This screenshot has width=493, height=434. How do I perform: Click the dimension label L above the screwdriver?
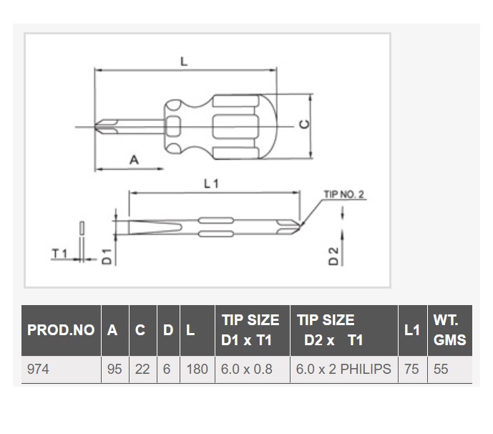(x=184, y=61)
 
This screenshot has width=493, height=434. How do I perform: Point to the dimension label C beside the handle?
(x=304, y=125)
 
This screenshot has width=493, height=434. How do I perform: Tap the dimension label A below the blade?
(x=135, y=160)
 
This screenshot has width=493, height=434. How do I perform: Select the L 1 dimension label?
(x=211, y=183)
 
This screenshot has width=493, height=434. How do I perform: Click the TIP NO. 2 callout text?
(x=344, y=195)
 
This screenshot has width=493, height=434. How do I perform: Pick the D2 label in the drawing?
(x=333, y=256)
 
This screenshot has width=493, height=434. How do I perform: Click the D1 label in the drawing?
(x=107, y=256)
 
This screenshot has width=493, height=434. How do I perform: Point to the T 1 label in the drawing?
(x=59, y=253)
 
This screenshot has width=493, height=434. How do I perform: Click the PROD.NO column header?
(x=61, y=330)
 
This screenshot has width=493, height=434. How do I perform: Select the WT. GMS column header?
(x=449, y=330)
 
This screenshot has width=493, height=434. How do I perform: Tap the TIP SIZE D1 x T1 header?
(x=250, y=330)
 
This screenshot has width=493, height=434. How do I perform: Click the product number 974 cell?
(x=38, y=369)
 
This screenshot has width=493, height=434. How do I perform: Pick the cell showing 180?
(x=197, y=369)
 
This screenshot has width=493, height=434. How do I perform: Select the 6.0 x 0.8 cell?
(x=246, y=369)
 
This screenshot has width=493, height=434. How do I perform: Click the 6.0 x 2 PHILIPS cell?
(x=343, y=369)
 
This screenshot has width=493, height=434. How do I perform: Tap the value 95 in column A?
(x=114, y=369)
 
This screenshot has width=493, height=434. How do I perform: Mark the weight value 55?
(x=441, y=369)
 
